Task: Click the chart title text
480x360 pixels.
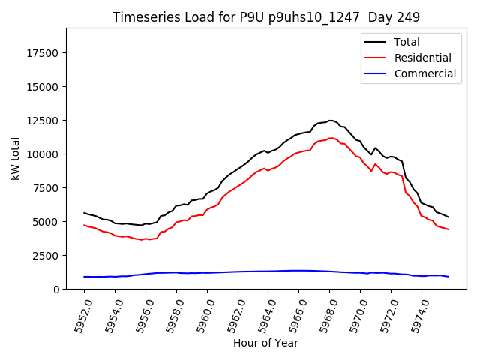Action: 266,16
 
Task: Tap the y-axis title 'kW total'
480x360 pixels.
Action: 15,158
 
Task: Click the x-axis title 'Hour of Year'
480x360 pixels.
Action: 265,343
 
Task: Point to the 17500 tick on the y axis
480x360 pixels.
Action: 43,52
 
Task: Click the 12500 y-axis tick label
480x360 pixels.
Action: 43,120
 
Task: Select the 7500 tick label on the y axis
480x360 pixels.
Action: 46,187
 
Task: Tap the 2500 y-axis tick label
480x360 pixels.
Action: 46,255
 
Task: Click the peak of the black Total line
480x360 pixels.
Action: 330,120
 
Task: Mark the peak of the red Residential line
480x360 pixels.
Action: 330,138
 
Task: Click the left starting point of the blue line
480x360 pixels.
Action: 84,277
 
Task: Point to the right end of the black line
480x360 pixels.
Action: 448,217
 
